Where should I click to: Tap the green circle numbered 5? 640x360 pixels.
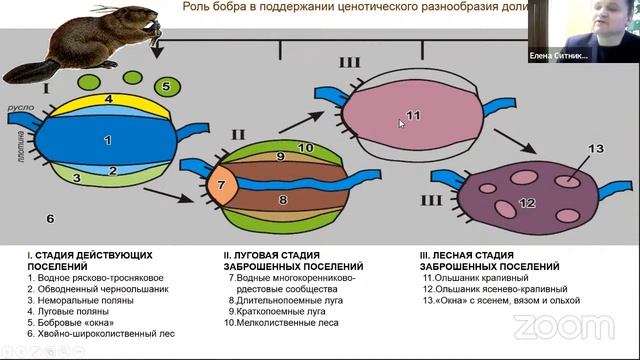167,85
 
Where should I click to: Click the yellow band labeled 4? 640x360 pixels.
108,100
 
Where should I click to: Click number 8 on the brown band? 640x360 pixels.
282,200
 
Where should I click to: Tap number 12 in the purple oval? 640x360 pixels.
528,202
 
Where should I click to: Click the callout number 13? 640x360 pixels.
595,149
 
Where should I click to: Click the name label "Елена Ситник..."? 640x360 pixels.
558,57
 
